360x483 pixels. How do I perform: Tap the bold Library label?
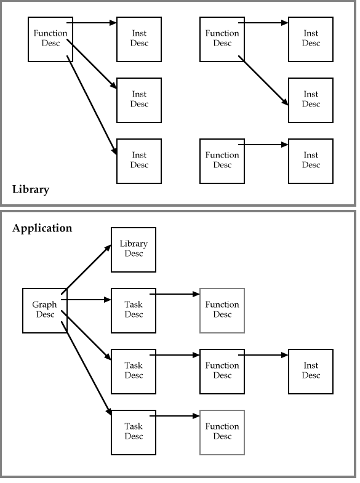point(31,190)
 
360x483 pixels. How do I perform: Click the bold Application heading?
point(42,228)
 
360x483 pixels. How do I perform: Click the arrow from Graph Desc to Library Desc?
point(86,269)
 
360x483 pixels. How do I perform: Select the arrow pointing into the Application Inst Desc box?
point(263,355)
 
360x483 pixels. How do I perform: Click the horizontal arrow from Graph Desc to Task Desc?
point(86,300)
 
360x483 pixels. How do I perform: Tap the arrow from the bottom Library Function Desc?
point(263,145)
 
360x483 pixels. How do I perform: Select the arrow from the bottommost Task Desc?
point(175,416)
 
